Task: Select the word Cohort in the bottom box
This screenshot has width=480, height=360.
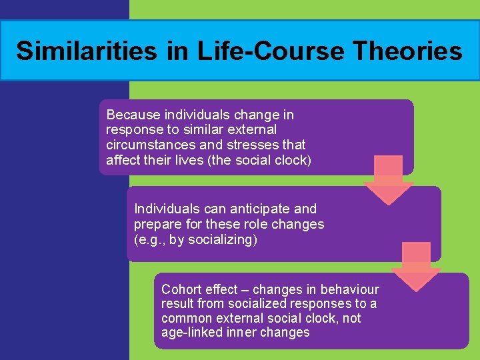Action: point(181,289)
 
